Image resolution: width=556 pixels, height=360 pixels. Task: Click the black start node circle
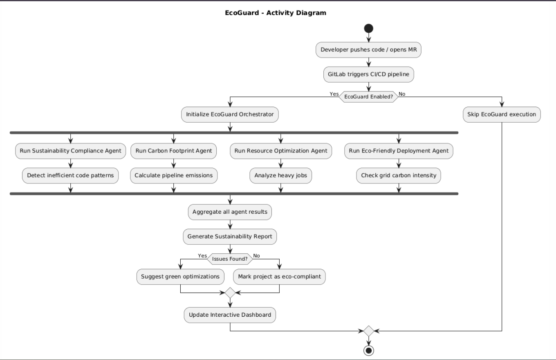coord(368,29)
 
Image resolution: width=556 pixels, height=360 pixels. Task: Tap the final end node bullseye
coord(368,351)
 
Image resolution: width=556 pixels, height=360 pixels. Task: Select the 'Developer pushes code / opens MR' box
coord(368,50)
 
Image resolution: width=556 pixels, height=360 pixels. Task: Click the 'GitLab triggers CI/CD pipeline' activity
coord(368,75)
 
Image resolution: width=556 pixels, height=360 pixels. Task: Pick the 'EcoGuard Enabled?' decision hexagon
coord(368,97)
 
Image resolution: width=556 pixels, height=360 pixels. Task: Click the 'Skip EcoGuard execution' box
coord(502,114)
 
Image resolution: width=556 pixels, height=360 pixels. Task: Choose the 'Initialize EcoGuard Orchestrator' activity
coord(230,114)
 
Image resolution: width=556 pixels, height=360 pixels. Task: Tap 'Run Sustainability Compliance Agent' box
coord(70,151)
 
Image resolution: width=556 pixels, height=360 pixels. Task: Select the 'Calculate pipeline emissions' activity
coord(174,176)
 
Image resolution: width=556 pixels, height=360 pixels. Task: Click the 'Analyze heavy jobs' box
coord(280,176)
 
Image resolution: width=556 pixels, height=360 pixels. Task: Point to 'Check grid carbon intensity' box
coord(398,176)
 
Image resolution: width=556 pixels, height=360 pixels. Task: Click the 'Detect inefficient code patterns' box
coord(70,176)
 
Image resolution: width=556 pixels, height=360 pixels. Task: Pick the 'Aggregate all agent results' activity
coord(230,212)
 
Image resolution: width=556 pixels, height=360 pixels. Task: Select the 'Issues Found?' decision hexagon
coord(230,259)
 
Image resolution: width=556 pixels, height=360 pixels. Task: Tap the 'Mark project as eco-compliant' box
coord(279,277)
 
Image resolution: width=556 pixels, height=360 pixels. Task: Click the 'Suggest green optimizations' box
coord(180,277)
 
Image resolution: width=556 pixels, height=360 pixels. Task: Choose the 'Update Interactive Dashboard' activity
coord(230,315)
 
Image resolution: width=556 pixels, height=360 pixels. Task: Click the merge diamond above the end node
coord(368,331)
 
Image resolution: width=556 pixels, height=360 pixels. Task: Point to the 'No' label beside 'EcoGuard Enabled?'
coord(402,94)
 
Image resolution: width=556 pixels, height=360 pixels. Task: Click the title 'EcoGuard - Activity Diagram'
coord(276,13)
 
